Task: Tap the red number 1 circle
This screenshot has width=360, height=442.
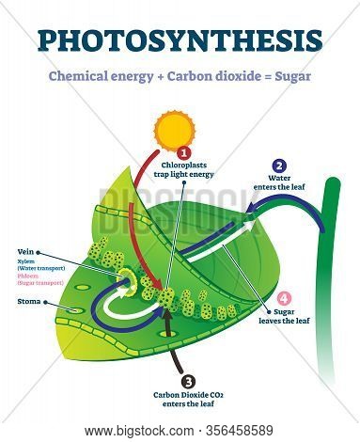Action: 186,150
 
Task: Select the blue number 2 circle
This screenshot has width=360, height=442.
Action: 279,165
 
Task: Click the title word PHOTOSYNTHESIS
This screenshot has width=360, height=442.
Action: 180,41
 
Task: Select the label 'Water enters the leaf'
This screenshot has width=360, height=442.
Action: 279,184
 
